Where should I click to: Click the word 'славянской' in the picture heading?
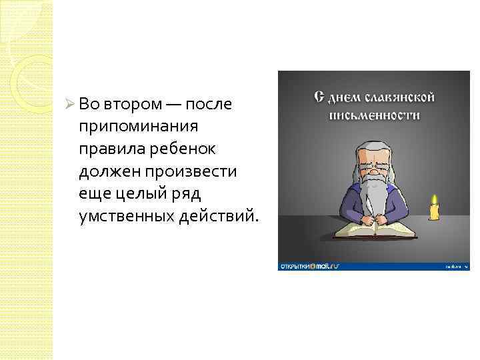401,98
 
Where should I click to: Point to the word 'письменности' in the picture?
374,115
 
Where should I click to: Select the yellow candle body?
434,213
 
